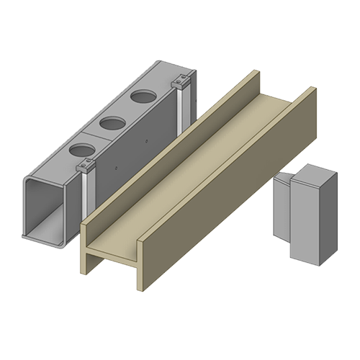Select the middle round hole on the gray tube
click(112, 122)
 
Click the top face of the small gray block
click(312, 174)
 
